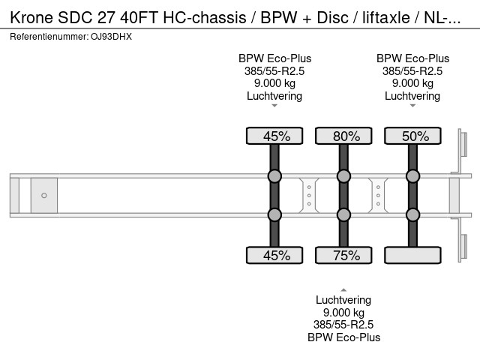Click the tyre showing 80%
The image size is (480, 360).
pyautogui.click(x=343, y=136)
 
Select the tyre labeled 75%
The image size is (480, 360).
pyautogui.click(x=343, y=255)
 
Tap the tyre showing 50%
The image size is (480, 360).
pyautogui.click(x=412, y=136)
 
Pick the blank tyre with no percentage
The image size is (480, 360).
pyautogui.click(x=412, y=255)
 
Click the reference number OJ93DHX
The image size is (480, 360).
pyautogui.click(x=111, y=37)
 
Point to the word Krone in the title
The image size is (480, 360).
pyautogui.click(x=31, y=17)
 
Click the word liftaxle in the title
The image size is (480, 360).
pyautogui.click(x=386, y=17)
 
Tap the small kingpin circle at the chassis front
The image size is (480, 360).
pyautogui.click(x=44, y=195)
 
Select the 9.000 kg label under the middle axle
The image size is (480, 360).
pyautogui.click(x=343, y=313)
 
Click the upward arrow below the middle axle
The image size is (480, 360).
pyautogui.click(x=343, y=289)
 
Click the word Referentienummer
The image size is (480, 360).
pyautogui.click(x=49, y=37)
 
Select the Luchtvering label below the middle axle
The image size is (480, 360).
pyautogui.click(x=343, y=300)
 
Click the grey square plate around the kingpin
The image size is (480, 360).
pyautogui.click(x=44, y=195)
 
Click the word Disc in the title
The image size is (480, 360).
pyautogui.click(x=332, y=17)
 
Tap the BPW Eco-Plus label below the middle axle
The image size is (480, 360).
pyautogui.click(x=343, y=337)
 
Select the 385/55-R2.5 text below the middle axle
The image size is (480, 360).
pyautogui.click(x=343, y=325)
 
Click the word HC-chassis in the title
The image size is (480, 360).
pyautogui.click(x=205, y=17)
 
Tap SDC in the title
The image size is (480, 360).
pyautogui.click(x=75, y=17)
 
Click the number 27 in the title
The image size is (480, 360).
pyautogui.click(x=106, y=17)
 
